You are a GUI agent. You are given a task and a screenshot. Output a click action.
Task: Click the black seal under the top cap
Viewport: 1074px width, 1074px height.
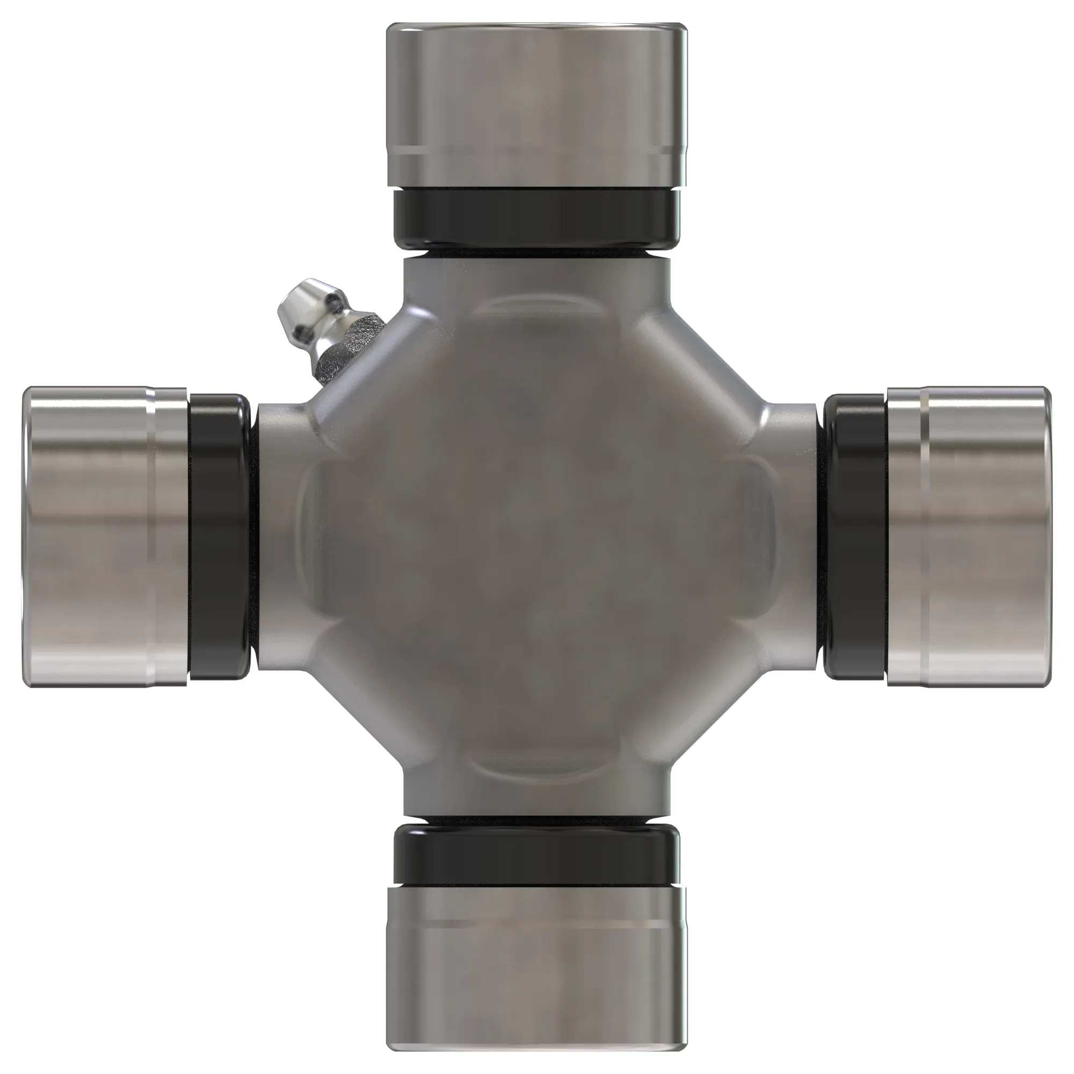[536, 218]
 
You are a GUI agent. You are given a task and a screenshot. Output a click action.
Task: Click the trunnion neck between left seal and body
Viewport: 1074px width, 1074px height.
[278, 536]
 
